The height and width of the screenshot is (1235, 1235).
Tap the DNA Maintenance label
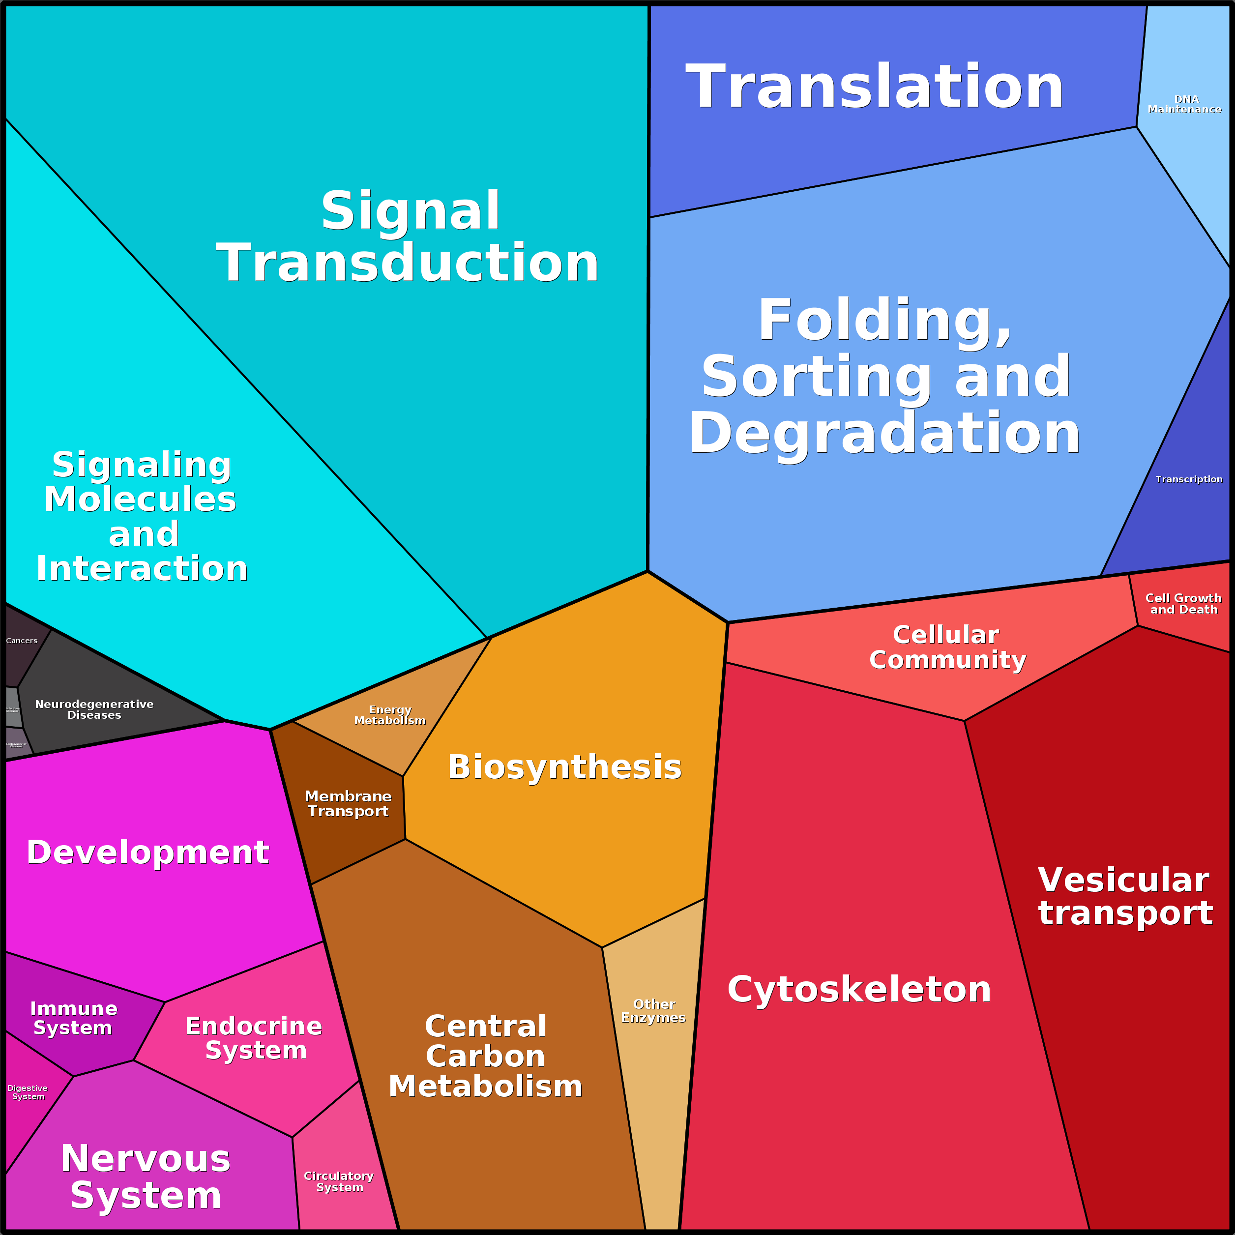[x=1184, y=104]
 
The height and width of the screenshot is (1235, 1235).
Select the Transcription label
[x=1188, y=479]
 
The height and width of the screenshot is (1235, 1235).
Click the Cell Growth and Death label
[x=1183, y=603]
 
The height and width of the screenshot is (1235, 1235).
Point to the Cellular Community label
[x=947, y=647]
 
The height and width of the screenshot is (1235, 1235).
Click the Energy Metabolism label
[x=390, y=715]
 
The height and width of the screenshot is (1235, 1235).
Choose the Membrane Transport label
[x=348, y=803]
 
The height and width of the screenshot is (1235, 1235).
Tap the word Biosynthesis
[x=564, y=767]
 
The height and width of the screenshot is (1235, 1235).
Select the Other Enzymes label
[x=653, y=1011]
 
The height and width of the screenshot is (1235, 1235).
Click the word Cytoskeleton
[x=858, y=990]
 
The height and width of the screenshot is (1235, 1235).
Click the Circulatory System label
[x=339, y=1181]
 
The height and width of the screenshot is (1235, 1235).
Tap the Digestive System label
[x=28, y=1092]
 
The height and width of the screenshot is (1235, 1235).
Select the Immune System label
[x=74, y=1018]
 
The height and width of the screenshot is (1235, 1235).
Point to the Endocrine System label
[x=254, y=1038]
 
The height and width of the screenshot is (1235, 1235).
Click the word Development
[x=147, y=852]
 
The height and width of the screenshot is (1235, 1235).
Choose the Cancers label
[x=22, y=641]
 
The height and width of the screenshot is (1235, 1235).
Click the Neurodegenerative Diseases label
[x=94, y=709]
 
